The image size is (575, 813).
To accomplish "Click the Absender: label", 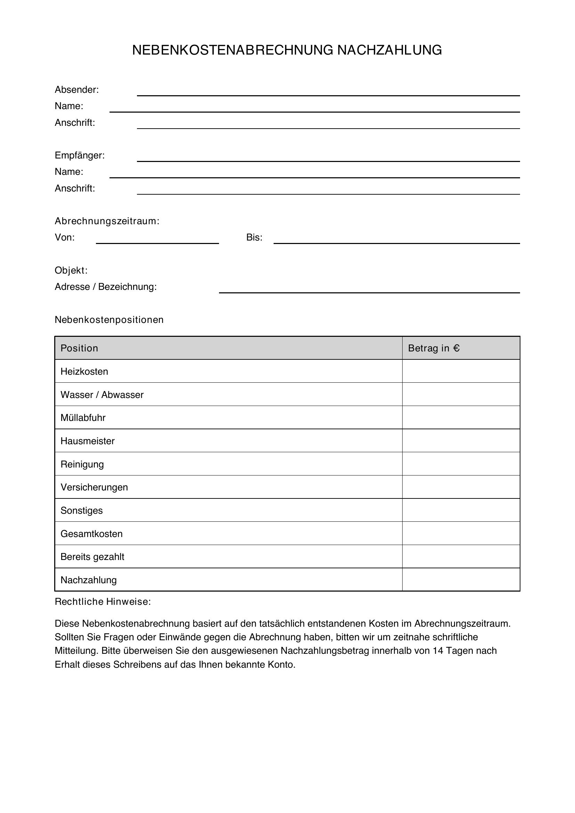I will (x=76, y=90).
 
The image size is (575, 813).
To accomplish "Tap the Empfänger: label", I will (x=79, y=155).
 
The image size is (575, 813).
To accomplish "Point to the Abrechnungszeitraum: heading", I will (x=107, y=221).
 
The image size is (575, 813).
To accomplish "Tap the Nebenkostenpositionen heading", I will (x=109, y=319).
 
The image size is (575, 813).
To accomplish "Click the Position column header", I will (x=79, y=348).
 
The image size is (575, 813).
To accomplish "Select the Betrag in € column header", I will (x=434, y=348).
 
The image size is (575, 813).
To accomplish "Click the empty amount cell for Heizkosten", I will (x=461, y=371).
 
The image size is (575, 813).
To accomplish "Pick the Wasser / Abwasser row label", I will (x=102, y=395).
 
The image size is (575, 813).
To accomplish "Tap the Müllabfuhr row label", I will (x=83, y=417).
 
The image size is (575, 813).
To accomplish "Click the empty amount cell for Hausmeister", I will (x=461, y=440).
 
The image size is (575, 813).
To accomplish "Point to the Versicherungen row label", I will (x=94, y=487).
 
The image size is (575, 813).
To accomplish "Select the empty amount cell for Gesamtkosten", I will (x=461, y=533).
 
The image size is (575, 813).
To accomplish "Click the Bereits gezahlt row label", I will (x=92, y=556).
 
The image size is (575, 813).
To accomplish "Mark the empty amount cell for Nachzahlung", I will (x=461, y=580).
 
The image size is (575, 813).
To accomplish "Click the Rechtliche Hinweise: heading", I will (x=103, y=602).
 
